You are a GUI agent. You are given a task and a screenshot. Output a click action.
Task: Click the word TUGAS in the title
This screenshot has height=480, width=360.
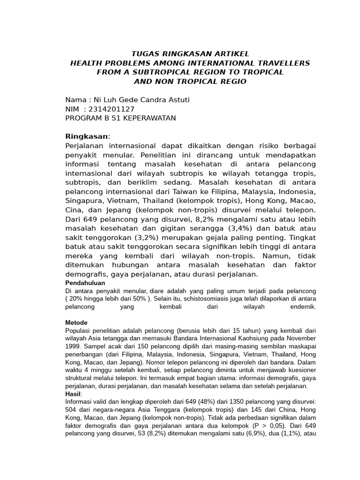tap(142, 53)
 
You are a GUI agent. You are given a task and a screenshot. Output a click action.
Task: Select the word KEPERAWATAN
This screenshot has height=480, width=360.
tap(150, 118)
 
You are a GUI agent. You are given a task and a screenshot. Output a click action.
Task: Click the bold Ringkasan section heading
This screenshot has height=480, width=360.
tap(86, 136)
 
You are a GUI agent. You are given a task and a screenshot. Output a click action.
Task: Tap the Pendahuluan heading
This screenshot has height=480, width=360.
tap(84, 283)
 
